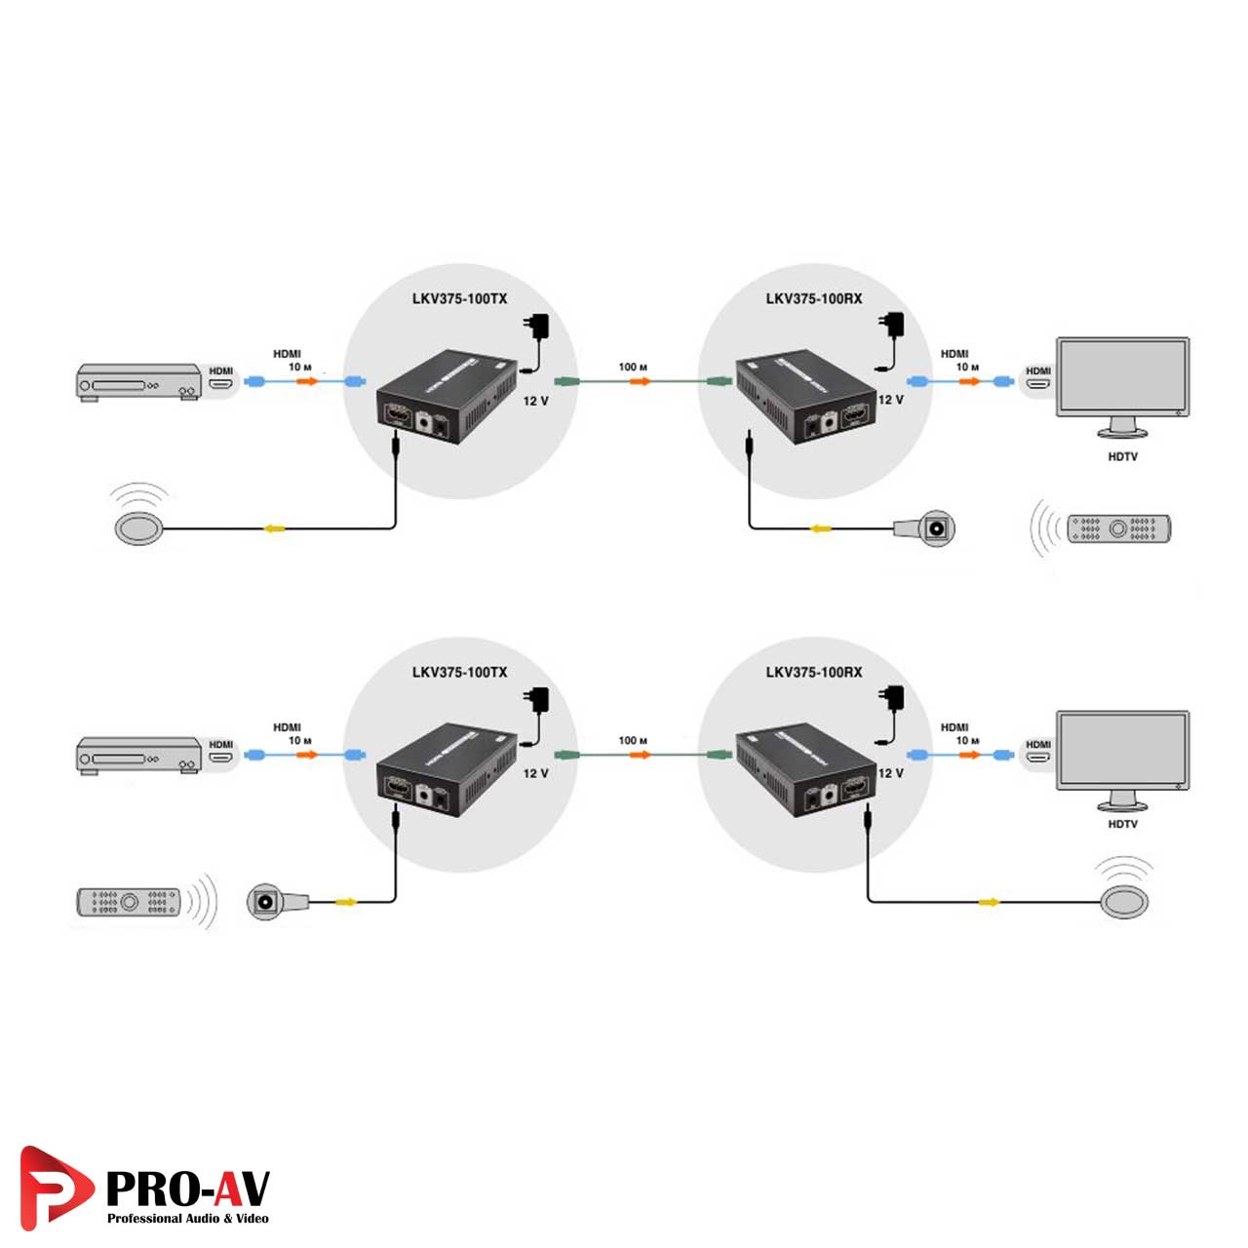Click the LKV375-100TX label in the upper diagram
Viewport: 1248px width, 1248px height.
(459, 298)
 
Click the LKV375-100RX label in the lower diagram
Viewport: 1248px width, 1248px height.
(813, 672)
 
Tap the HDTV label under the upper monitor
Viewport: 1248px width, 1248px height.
(1122, 456)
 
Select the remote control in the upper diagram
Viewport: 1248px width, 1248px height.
(1118, 528)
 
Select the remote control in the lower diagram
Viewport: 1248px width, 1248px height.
(129, 902)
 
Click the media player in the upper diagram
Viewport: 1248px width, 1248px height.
(139, 382)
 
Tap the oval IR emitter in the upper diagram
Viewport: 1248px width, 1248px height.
(141, 527)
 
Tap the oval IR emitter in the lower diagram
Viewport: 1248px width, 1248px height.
(1124, 902)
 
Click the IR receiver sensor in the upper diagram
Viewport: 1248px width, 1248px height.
(937, 528)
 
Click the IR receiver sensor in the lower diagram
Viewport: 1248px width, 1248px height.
(265, 902)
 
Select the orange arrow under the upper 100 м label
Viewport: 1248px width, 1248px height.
(640, 381)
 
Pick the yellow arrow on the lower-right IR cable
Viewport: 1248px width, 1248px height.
(989, 902)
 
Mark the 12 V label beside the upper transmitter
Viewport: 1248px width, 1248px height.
(535, 401)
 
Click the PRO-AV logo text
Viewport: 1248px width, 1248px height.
(186, 1189)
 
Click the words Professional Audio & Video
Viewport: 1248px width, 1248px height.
(187, 1219)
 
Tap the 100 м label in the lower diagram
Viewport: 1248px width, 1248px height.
(633, 740)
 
